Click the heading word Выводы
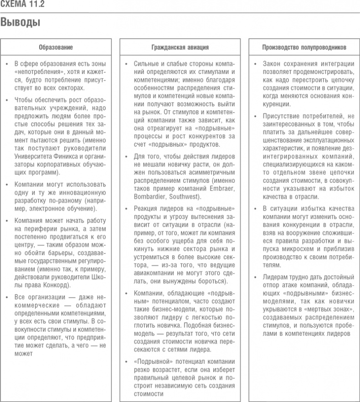click(20, 22)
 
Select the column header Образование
click(56, 47)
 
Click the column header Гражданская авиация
click(180, 47)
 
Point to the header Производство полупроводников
click(304, 47)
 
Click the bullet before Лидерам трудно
click(255, 277)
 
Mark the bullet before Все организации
click(7, 297)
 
